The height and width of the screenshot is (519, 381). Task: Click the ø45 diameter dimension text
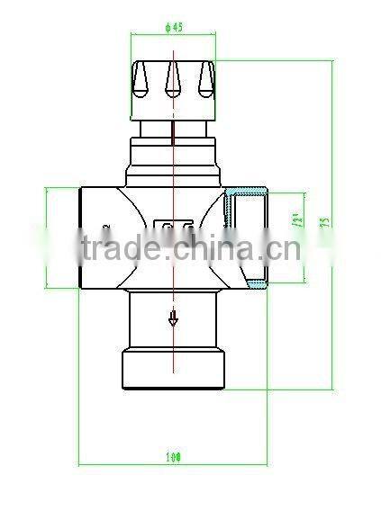[x=174, y=28]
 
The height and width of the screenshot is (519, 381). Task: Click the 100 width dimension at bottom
[x=174, y=457]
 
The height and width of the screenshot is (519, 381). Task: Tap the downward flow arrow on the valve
[x=173, y=317]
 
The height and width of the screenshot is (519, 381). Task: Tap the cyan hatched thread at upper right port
[x=247, y=192]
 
